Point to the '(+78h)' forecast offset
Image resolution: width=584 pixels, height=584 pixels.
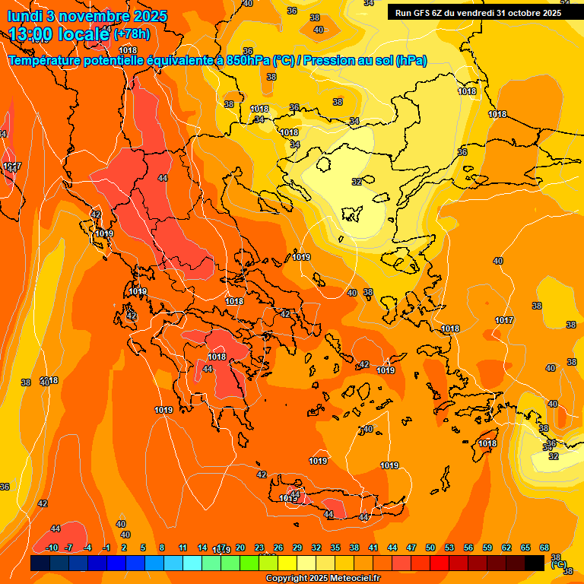pyautogui.click(x=132, y=34)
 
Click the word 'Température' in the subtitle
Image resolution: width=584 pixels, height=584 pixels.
pyautogui.click(x=48, y=60)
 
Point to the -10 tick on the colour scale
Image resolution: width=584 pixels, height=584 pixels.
pyautogui.click(x=52, y=547)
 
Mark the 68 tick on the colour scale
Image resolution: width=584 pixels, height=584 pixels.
pyautogui.click(x=544, y=547)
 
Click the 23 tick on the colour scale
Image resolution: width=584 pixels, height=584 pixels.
pyautogui.click(x=259, y=547)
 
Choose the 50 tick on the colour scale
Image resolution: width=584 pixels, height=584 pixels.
pyautogui.click(x=430, y=547)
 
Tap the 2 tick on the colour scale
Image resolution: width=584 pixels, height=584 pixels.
pyautogui.click(x=124, y=547)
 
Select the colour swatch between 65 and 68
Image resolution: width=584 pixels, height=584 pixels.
pyautogui.click(x=535, y=563)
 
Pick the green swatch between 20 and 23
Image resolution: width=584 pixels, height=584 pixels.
pyautogui.click(x=249, y=563)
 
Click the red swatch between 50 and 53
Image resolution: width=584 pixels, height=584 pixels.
pyautogui.click(x=440, y=563)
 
